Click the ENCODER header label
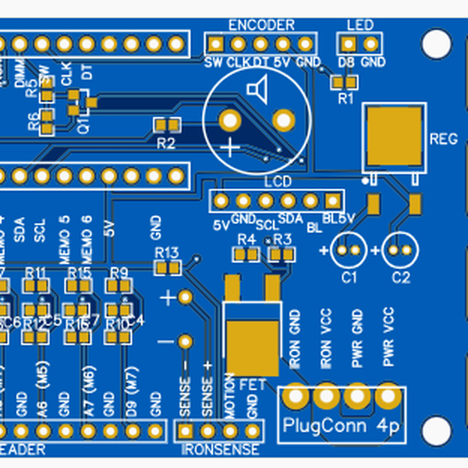point(261,24)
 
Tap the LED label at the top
point(360,24)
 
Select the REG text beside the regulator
point(443,139)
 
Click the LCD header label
point(278,183)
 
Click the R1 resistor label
point(346,99)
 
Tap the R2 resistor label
point(165,143)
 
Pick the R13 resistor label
point(167,253)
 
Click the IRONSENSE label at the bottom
point(220,450)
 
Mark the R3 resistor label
point(282,239)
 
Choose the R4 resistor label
point(247,239)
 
